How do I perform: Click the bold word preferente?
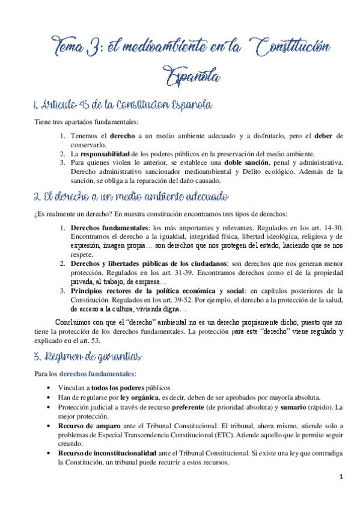(x=213, y=407)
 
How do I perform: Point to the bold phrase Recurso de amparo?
(x=91, y=425)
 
